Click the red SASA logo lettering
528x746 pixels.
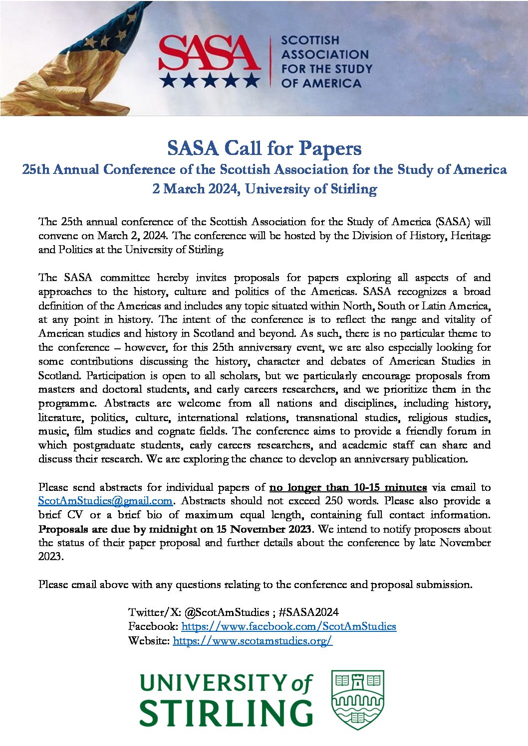(209, 53)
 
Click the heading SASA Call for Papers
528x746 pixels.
(264, 148)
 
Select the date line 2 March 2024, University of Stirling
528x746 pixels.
(264, 189)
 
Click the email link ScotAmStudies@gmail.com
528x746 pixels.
(105, 501)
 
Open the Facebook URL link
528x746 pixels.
(288, 626)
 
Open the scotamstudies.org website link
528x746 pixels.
(253, 641)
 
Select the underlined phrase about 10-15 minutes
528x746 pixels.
(348, 487)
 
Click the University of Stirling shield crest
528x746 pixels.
(357, 700)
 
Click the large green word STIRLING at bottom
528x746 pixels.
(226, 713)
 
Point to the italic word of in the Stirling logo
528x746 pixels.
(301, 684)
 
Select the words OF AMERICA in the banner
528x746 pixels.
(321, 83)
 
